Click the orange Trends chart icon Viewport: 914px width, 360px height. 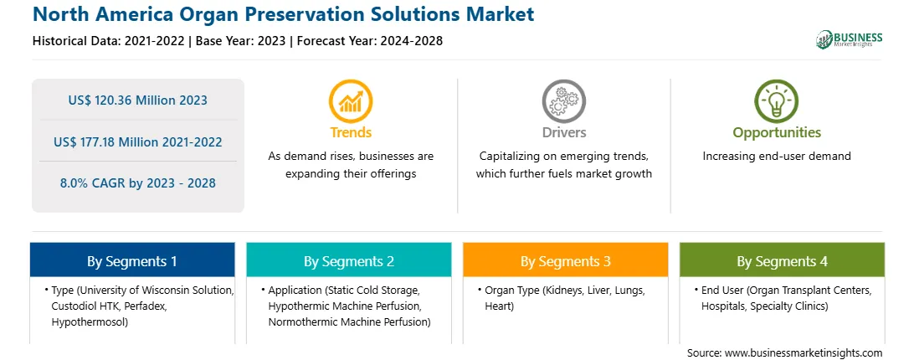pyautogui.click(x=351, y=101)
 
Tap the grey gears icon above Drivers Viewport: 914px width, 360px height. pyautogui.click(x=563, y=101)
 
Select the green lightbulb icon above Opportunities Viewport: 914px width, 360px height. pyautogui.click(x=777, y=101)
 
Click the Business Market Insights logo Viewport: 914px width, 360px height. pyautogui.click(x=850, y=39)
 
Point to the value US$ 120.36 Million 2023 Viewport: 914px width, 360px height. pyautogui.click(x=137, y=100)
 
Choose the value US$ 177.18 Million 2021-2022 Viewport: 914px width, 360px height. pyautogui.click(x=137, y=141)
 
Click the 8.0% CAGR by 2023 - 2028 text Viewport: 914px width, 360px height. pyautogui.click(x=137, y=183)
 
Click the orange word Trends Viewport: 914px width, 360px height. pyautogui.click(x=351, y=132)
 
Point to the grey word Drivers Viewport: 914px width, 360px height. pyautogui.click(x=563, y=132)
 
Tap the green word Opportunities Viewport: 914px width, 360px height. pyautogui.click(x=777, y=133)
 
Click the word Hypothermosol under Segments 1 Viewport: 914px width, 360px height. pyautogui.click(x=90, y=322)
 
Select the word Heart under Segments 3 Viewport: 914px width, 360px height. pyautogui.click(x=499, y=306)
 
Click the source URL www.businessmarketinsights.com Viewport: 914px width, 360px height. pyautogui.click(x=804, y=353)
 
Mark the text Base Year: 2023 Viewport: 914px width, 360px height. pyautogui.click(x=241, y=41)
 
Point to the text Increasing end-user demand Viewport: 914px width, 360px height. pyautogui.click(x=777, y=157)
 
